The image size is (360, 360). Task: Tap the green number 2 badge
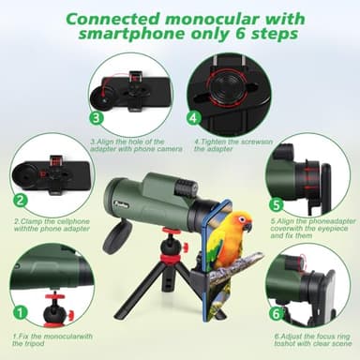coord(20,201)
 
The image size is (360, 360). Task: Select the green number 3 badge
coord(96,118)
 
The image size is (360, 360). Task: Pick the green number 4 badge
coord(192,119)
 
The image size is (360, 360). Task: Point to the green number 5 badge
coord(276,204)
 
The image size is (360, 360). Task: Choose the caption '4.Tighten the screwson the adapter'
coord(231,143)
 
